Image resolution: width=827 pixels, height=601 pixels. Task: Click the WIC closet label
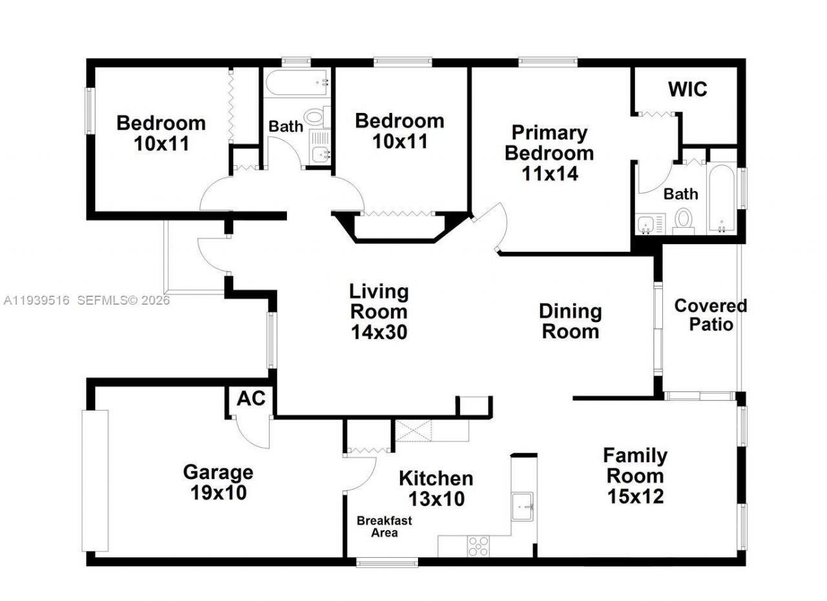(x=687, y=89)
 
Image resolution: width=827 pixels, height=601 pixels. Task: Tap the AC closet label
(x=251, y=398)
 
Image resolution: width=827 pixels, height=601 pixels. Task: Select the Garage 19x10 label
(x=218, y=482)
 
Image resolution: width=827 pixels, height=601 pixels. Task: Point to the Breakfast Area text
(x=384, y=527)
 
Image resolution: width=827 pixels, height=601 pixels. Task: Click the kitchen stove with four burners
(x=479, y=546)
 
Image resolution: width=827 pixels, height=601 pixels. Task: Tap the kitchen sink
(x=521, y=507)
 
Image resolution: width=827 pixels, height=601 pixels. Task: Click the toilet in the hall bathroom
(x=315, y=117)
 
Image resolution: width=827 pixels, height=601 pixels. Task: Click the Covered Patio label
(x=710, y=314)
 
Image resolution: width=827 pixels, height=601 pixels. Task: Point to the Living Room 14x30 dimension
(x=379, y=332)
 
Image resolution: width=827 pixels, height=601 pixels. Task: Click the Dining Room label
(x=570, y=321)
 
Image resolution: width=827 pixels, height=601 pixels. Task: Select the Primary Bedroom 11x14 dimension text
(x=549, y=173)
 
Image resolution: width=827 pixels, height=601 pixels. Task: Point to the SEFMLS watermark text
(x=123, y=300)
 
